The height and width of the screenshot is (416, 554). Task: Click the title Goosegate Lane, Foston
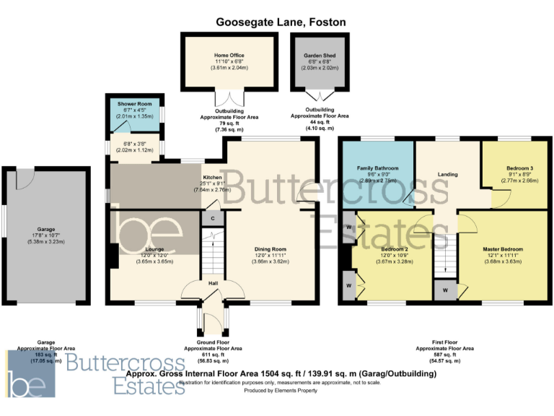(281, 22)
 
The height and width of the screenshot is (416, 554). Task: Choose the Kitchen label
(211, 177)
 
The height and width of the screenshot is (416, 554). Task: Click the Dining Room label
(271, 250)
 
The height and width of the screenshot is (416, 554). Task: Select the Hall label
(214, 283)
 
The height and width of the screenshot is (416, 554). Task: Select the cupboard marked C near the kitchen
(212, 217)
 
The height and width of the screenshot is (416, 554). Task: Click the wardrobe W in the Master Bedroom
(445, 290)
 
